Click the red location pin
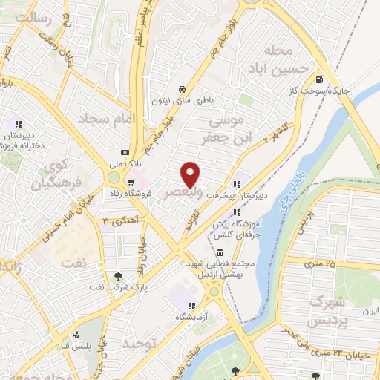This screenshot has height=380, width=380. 191,173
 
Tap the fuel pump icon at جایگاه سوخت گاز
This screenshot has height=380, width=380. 318,80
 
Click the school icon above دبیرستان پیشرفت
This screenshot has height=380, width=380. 237,185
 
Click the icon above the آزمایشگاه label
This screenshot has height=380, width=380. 191,305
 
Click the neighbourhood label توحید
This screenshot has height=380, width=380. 140,344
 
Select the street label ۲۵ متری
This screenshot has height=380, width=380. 319,263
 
